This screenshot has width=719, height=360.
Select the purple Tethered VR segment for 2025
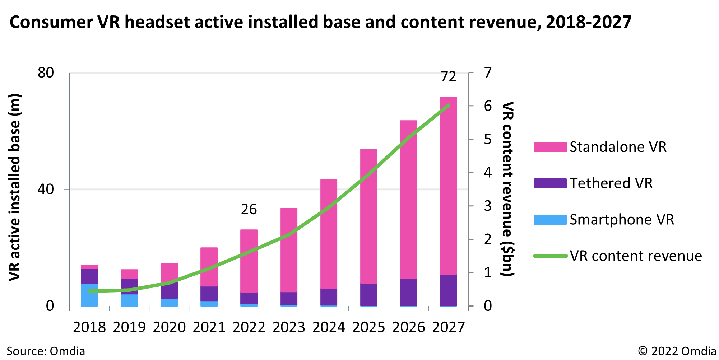[x=368, y=295]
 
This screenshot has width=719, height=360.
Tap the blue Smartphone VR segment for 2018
[x=89, y=295]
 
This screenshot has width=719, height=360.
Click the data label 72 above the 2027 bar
[x=448, y=77]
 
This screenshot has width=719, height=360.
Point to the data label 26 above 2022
[x=249, y=210]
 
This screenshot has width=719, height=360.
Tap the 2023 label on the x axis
[x=289, y=327]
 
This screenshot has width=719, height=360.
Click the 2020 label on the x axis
[x=169, y=327]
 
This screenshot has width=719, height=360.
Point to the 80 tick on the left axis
[x=46, y=73]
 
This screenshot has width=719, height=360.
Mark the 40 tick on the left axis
[x=46, y=189]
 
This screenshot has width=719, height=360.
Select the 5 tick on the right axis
[x=487, y=139]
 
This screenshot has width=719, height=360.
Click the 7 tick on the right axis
[x=487, y=73]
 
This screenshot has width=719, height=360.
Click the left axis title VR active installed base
[x=15, y=187]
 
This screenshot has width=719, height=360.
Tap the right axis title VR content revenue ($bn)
[x=508, y=189]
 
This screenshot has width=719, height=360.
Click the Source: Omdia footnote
[x=46, y=351]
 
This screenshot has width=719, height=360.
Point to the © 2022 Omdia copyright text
[x=677, y=351]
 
